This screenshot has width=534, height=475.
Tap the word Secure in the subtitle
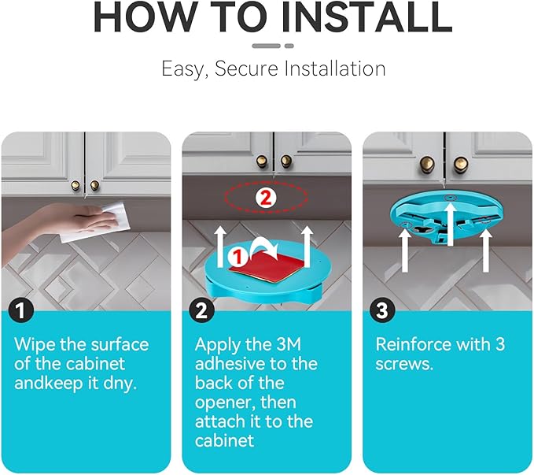(246, 69)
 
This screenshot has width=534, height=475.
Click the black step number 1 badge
(21, 310)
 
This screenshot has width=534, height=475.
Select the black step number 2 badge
(201, 310)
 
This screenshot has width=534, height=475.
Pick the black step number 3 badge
(382, 310)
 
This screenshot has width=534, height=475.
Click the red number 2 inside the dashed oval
(266, 198)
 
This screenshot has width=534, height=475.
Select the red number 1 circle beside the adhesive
(238, 257)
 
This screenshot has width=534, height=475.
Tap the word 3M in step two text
(289, 344)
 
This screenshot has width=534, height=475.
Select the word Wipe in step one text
(35, 345)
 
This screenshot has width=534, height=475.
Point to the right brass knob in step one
(94, 186)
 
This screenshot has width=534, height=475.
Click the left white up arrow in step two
(220, 247)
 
